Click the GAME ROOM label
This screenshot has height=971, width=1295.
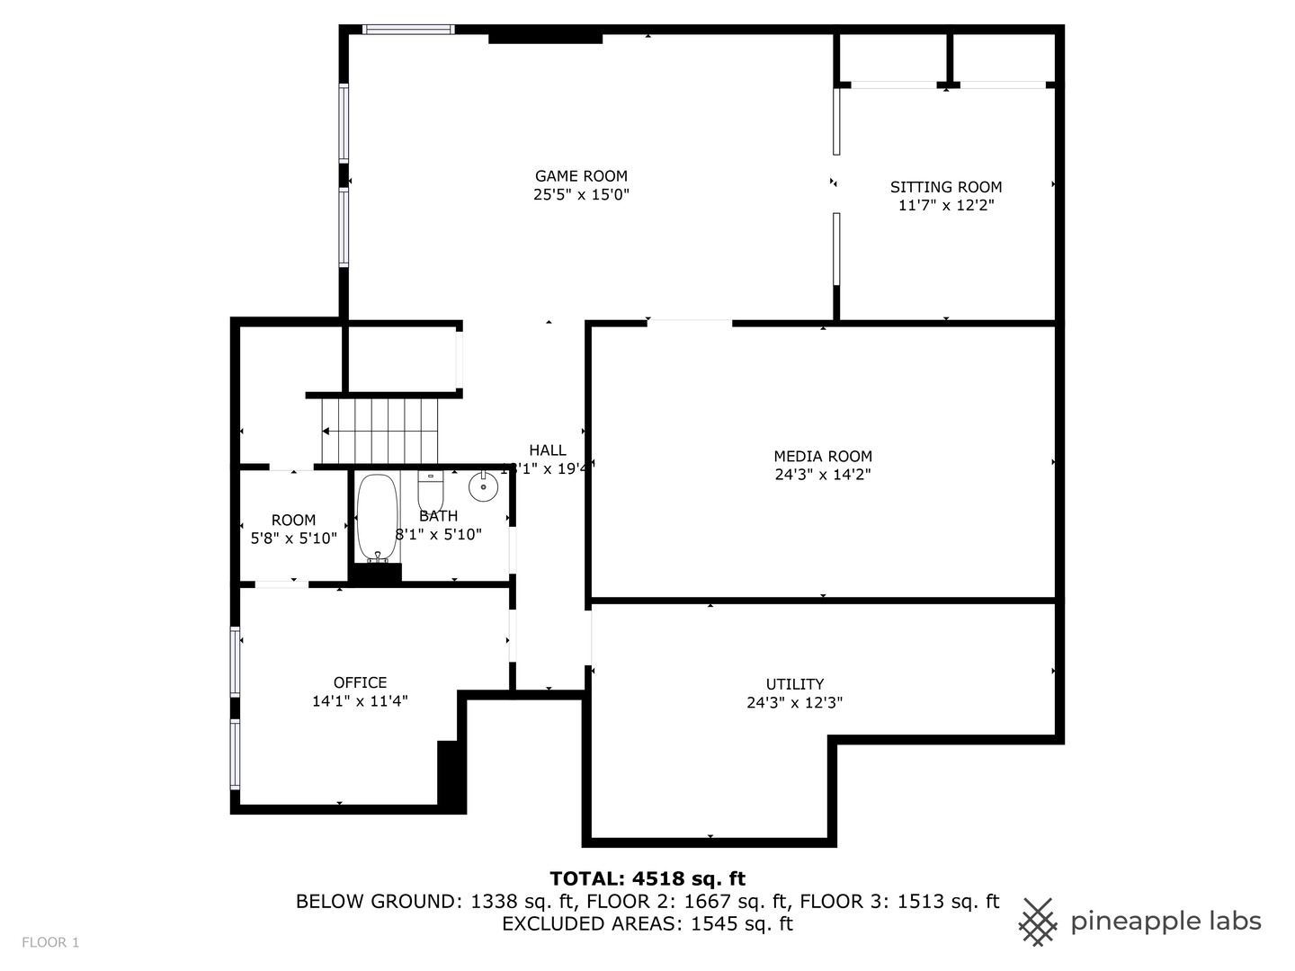(x=581, y=176)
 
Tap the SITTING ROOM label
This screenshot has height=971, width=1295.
(x=945, y=187)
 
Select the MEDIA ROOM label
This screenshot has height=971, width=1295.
(x=823, y=457)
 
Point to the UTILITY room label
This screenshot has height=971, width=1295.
(x=794, y=684)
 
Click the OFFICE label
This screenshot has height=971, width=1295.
(x=360, y=682)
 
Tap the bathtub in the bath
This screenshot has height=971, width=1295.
(x=376, y=518)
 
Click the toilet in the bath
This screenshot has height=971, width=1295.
(x=431, y=491)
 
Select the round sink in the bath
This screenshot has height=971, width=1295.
(x=483, y=487)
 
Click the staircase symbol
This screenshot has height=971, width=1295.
(x=380, y=432)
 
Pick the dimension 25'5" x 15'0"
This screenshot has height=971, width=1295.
(x=581, y=195)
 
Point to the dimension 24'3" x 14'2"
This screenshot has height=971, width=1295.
(x=823, y=475)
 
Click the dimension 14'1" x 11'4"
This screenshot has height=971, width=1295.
(x=360, y=701)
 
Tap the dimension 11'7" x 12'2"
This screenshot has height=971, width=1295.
(x=945, y=205)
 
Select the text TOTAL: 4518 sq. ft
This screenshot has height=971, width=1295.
(x=647, y=878)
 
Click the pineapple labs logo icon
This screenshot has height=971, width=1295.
(x=1038, y=922)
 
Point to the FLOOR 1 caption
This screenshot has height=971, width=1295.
(x=50, y=942)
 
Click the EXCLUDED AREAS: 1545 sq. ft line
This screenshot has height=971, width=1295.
(x=647, y=924)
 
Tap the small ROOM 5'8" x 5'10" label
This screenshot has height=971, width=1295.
(x=293, y=529)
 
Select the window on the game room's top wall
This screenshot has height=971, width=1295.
(x=408, y=30)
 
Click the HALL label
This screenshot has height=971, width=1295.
(x=547, y=450)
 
